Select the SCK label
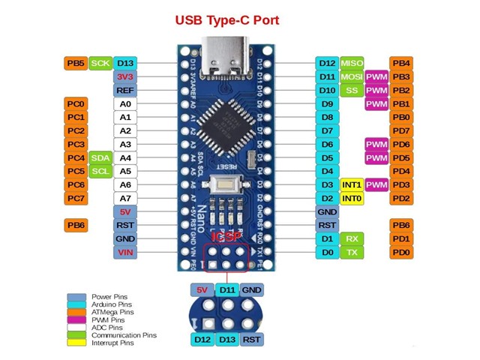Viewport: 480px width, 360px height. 100,63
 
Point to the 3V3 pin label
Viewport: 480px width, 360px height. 125,76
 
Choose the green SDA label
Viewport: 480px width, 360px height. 100,157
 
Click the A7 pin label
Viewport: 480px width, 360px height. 125,198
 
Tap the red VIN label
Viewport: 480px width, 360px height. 125,252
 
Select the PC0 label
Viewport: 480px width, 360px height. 76,103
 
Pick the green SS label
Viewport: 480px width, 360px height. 351,90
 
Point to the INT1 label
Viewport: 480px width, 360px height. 351,184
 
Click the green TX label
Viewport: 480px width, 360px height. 351,252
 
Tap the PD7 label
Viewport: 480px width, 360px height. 401,130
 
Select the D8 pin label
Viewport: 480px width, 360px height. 327,117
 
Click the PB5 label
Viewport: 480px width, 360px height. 76,63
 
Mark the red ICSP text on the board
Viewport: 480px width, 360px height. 226,236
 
